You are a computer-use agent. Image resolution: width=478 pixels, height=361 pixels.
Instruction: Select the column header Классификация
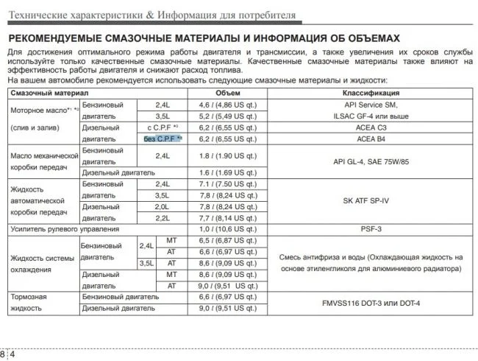tap(371, 94)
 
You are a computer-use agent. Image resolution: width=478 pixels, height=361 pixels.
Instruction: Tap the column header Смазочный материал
tap(49, 94)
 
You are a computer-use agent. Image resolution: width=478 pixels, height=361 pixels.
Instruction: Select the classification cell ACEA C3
tap(371, 127)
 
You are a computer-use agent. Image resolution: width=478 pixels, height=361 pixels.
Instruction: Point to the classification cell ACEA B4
tap(371, 139)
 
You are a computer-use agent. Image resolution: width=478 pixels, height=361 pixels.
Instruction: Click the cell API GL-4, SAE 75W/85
tap(371, 161)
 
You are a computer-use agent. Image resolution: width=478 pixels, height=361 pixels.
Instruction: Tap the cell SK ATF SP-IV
tap(371, 200)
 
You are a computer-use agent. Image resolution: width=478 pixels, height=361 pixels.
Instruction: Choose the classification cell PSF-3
tap(371, 229)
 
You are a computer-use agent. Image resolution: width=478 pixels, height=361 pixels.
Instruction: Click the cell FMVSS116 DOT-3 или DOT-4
tap(371, 302)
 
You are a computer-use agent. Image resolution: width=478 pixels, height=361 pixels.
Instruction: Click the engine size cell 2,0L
tap(163, 207)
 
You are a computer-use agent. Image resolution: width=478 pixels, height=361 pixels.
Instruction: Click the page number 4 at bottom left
tap(12, 354)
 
